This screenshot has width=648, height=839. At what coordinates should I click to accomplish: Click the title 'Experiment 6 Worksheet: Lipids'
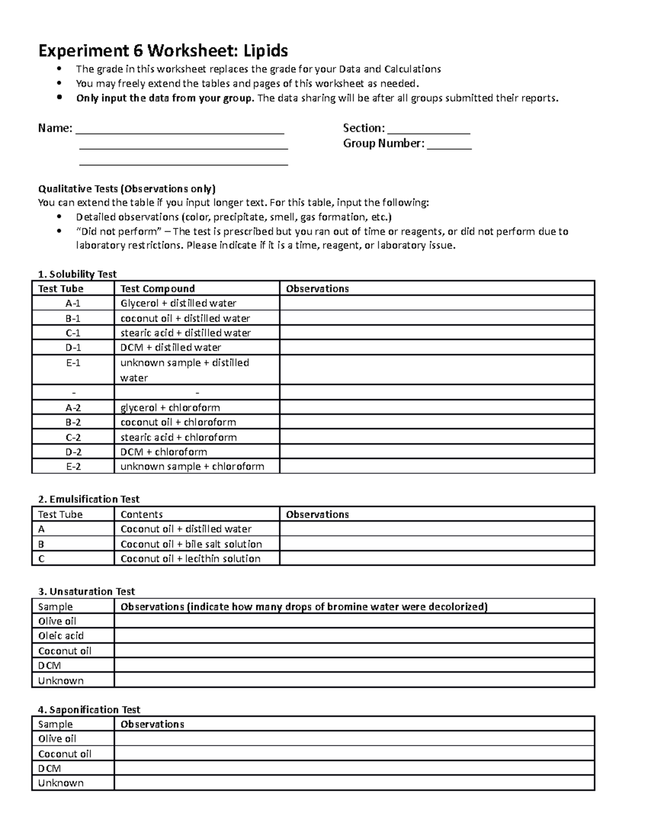(163, 51)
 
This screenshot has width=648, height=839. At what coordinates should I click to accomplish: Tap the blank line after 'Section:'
(429, 130)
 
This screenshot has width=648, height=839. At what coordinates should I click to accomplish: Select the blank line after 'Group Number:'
(449, 145)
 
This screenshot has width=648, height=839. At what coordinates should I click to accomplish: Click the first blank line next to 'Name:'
(180, 130)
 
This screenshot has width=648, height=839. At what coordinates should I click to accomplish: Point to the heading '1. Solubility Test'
(77, 274)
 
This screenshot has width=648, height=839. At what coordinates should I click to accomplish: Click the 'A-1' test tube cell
(73, 304)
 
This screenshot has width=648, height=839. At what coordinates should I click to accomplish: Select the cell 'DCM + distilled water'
(171, 347)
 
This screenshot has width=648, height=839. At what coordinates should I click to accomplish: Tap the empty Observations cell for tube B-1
(436, 318)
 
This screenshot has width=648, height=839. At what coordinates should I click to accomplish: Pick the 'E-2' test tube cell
(73, 466)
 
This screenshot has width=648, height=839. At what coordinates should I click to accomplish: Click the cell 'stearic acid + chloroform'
(178, 437)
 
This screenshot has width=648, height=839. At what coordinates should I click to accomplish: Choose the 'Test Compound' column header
(157, 288)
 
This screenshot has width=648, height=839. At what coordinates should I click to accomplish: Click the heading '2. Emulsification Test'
(89, 499)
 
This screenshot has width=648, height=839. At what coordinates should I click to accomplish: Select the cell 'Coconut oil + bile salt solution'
(191, 544)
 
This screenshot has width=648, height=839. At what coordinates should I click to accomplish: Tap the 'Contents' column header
(141, 514)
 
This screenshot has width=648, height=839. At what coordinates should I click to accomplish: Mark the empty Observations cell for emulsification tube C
(436, 559)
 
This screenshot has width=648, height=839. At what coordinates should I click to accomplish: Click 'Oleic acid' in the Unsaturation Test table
(60, 636)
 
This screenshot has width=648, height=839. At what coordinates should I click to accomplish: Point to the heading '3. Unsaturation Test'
(86, 592)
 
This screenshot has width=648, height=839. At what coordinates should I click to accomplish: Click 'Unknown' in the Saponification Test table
(60, 783)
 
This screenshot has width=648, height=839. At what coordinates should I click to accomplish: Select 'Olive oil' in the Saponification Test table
(57, 739)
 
